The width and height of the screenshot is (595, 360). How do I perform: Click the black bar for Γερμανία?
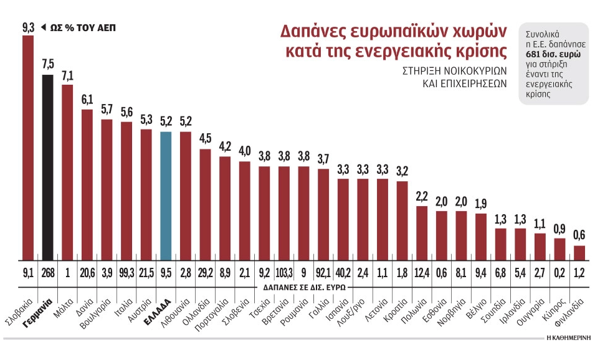(x=48, y=167)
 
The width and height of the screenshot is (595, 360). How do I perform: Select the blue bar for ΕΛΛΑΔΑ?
(x=166, y=196)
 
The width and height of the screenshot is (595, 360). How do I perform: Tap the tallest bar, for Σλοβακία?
(x=28, y=147)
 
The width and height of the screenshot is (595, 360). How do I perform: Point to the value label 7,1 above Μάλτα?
(x=67, y=77)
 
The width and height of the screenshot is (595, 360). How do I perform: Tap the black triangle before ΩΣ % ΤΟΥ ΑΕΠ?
(x=43, y=28)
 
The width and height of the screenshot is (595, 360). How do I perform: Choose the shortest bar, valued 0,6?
(x=579, y=253)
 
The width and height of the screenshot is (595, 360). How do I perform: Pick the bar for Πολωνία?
(x=422, y=233)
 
